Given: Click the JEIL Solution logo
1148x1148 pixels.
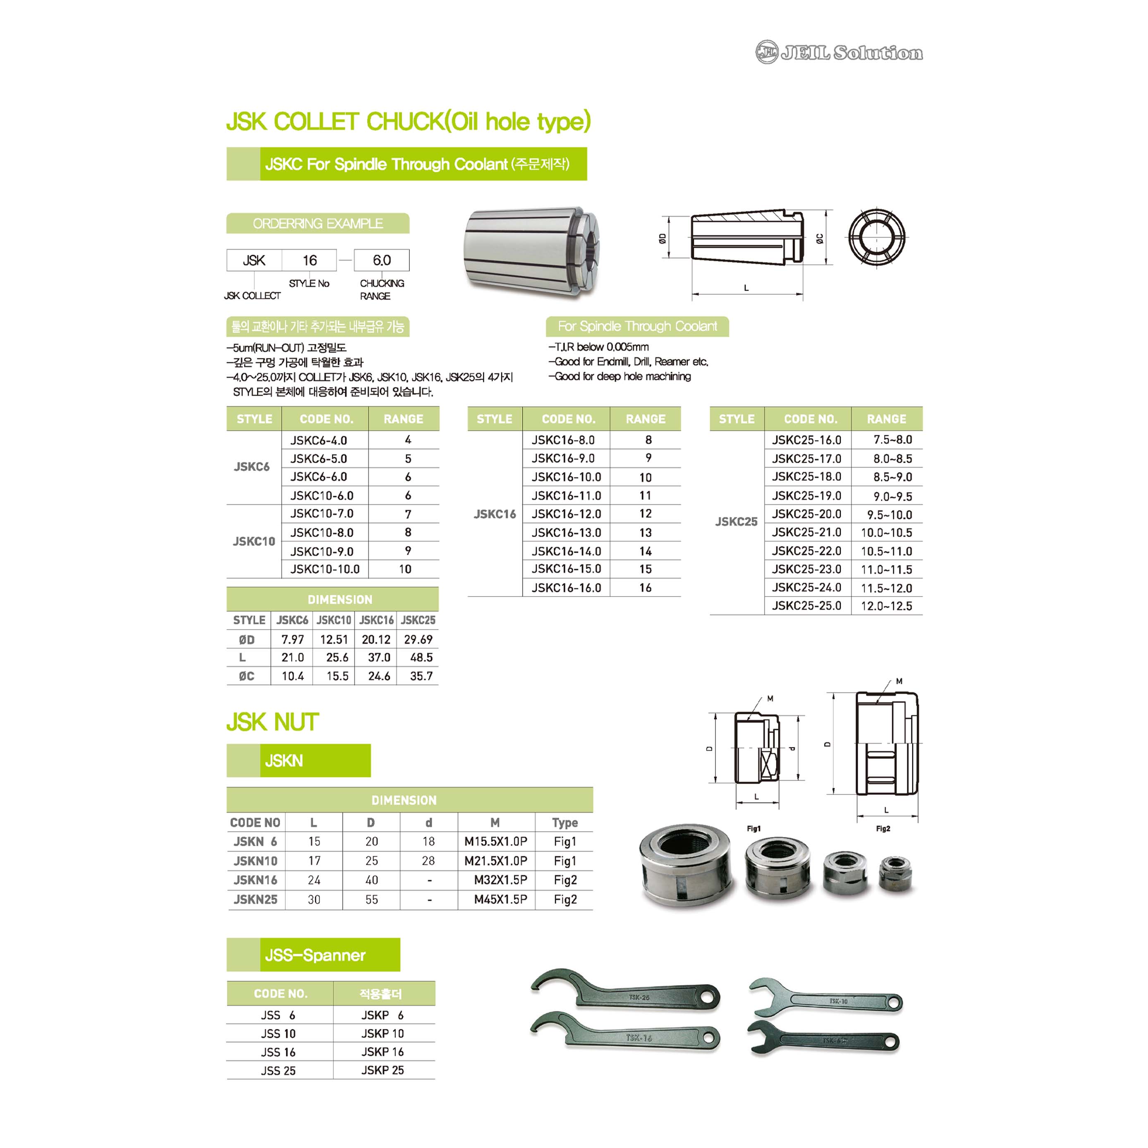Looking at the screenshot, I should [838, 52].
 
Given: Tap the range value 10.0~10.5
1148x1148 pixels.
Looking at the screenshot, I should [886, 533].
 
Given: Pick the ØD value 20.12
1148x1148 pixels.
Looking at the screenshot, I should [376, 640].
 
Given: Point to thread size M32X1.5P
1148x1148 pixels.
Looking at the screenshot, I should [500, 880].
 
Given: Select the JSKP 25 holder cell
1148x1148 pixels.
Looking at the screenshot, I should [382, 1070].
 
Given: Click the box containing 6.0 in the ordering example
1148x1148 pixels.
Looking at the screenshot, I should [382, 260].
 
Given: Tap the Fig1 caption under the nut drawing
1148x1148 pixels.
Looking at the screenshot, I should [753, 828].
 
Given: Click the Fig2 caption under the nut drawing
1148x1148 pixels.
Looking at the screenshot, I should [883, 828].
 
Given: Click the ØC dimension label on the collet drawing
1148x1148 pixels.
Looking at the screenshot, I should [819, 238].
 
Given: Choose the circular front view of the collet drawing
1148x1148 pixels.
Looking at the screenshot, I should [876, 237].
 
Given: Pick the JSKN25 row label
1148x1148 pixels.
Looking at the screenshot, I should [255, 900].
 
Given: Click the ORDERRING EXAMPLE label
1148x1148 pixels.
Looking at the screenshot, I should [318, 223].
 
